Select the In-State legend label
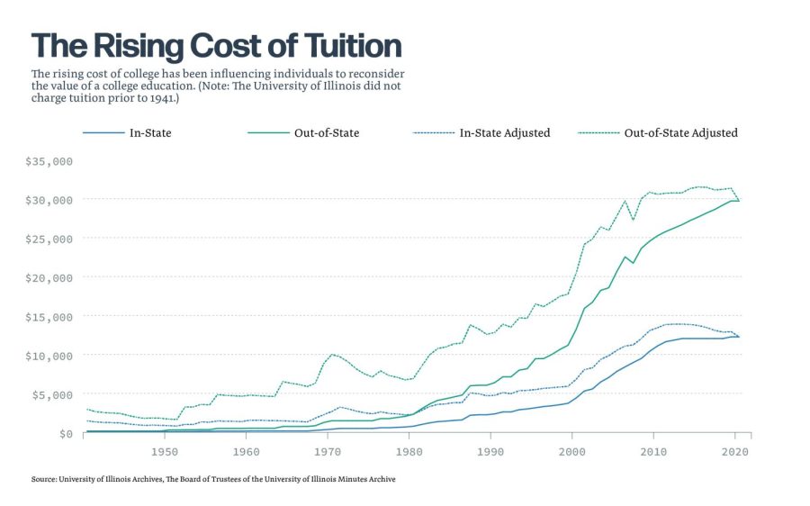pos(151,133)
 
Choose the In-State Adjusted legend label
pos(505,133)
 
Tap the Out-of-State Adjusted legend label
pos(680,133)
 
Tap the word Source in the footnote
pos(44,480)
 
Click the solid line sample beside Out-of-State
pos(268,133)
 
